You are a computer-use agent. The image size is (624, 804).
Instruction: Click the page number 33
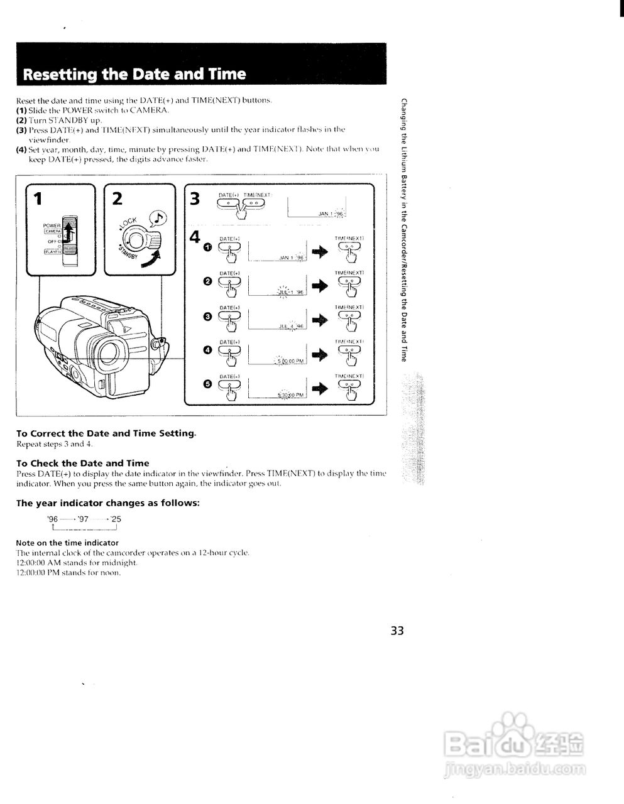tap(397, 630)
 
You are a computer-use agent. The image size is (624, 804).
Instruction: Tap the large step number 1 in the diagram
tap(38, 199)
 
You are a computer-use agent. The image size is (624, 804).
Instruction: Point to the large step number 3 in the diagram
tap(195, 199)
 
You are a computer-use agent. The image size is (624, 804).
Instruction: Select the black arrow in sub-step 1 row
tap(320, 251)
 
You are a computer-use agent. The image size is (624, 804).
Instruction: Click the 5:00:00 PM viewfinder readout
tap(290, 361)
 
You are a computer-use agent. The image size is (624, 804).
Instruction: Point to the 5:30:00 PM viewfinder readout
tap(291, 395)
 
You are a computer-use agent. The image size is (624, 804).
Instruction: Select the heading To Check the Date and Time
tap(82, 463)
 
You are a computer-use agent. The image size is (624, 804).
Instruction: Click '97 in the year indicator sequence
tap(82, 519)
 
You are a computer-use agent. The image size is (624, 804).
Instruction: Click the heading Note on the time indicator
tap(67, 543)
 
